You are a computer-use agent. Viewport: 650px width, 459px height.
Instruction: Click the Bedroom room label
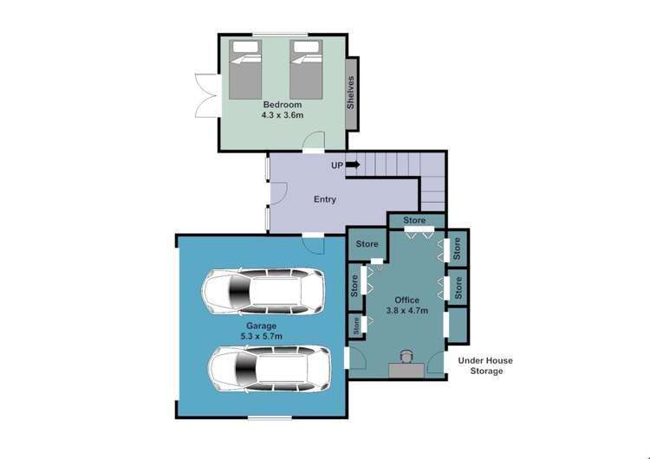tap(283, 105)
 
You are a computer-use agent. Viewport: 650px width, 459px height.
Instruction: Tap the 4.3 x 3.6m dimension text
tap(283, 114)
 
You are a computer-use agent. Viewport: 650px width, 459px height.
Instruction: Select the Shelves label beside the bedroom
tap(351, 93)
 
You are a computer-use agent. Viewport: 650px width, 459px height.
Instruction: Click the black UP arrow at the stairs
tap(353, 165)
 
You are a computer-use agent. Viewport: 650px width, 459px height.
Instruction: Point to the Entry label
tap(325, 199)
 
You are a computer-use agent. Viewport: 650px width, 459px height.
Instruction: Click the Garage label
tap(261, 326)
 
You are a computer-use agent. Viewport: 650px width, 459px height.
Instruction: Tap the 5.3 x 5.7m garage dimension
tap(261, 336)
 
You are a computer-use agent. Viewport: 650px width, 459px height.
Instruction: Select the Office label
tap(406, 300)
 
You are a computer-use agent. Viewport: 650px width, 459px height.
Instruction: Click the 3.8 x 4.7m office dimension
tap(406, 310)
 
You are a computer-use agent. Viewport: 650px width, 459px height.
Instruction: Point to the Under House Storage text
tap(485, 365)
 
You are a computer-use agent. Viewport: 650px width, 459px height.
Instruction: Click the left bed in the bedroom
tap(245, 69)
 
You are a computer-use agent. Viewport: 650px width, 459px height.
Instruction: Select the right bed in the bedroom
tap(306, 69)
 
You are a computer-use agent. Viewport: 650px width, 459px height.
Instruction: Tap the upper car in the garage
tap(263, 291)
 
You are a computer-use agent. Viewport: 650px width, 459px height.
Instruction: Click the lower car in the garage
tap(270, 369)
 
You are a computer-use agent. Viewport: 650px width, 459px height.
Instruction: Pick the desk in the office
tap(406, 371)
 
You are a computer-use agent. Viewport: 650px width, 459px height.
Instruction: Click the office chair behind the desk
tap(406, 357)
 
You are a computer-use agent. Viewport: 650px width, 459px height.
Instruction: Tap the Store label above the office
tap(414, 220)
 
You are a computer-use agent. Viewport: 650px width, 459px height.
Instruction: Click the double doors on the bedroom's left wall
tap(206, 95)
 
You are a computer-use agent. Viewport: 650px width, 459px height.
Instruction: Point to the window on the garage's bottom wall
tap(270, 417)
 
